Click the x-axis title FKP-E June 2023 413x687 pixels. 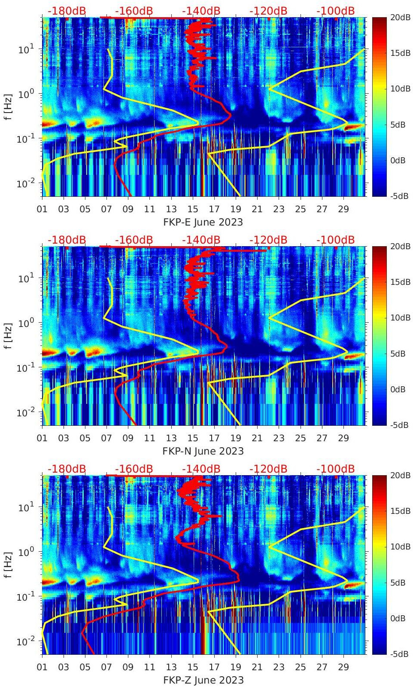point(203,222)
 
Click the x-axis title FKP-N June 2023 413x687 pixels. point(203,451)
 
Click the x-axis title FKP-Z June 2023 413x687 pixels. point(203,680)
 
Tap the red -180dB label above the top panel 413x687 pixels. point(67,11)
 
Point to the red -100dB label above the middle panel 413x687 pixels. point(335,240)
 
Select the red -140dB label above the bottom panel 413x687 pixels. point(201,469)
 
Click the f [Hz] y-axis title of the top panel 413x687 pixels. point(8,107)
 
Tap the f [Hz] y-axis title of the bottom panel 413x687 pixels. point(8,565)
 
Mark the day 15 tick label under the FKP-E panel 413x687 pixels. point(193,209)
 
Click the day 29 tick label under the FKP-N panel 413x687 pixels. point(343,438)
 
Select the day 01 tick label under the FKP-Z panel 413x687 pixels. point(42,667)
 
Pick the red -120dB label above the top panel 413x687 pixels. point(268,11)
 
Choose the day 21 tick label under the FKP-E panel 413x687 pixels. point(257,209)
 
